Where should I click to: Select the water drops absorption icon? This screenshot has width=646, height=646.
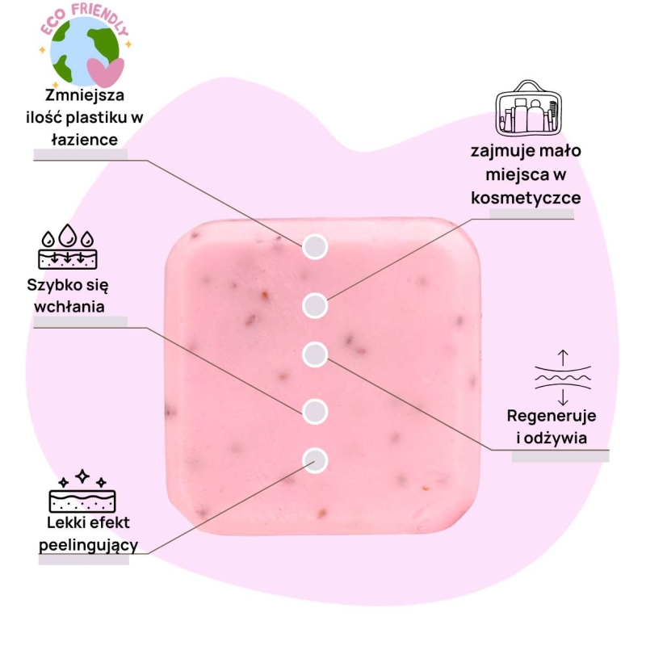69,246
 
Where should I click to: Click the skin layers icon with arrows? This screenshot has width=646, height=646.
563,378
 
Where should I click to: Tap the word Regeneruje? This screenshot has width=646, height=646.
552,417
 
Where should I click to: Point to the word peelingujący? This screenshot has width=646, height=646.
89,546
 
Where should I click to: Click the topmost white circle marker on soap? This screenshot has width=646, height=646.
315,247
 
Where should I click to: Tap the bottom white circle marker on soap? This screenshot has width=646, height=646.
315,460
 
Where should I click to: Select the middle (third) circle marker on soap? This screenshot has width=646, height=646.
315,354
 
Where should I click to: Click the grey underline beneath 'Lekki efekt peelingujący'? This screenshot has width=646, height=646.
84,560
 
